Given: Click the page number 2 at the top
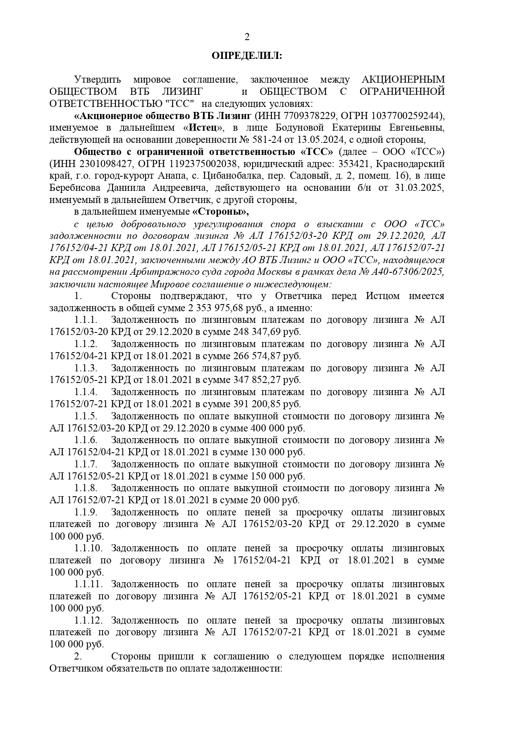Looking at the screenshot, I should pyautogui.click(x=247, y=38).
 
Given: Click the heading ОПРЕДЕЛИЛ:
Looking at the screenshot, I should pyautogui.click(x=247, y=56).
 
